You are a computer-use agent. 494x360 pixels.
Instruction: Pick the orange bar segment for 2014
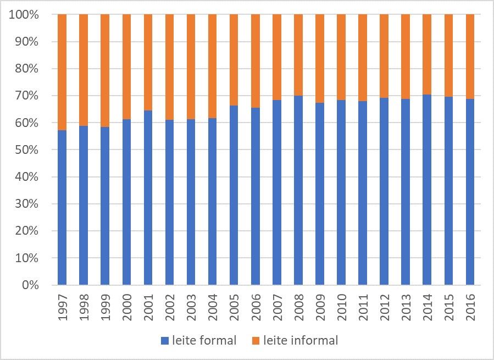point(427,54)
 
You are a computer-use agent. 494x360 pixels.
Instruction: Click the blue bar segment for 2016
point(470,192)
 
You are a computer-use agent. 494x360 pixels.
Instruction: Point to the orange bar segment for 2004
point(213,66)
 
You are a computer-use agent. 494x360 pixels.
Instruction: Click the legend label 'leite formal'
point(204,341)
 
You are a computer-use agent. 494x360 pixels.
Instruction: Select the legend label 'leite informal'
point(301,341)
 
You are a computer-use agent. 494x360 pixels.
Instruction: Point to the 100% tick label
point(24,15)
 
